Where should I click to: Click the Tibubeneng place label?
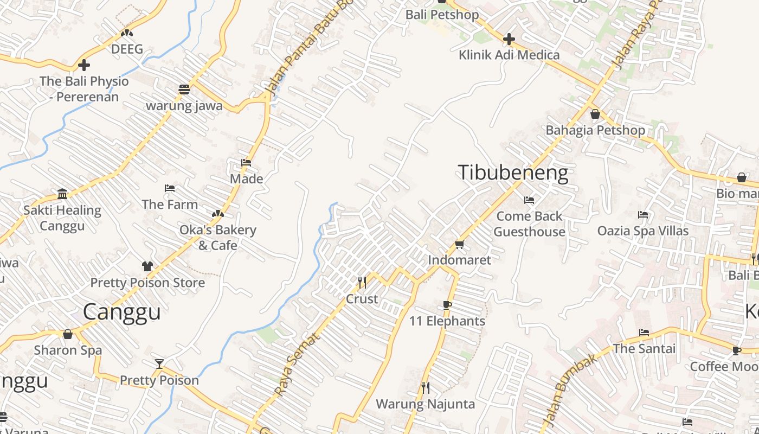point(513,173)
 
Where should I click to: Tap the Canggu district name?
point(122,312)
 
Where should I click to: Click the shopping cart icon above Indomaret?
point(459,245)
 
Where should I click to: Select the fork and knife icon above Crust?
point(362,282)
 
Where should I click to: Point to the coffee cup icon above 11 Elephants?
point(447,305)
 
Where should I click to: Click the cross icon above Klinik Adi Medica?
point(509,39)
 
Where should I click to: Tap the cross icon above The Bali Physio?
point(84,65)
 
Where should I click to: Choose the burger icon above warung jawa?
point(184,90)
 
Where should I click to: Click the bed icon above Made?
point(246,163)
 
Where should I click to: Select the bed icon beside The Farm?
point(170,189)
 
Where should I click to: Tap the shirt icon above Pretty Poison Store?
point(147,266)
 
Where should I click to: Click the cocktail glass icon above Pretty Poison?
point(159,364)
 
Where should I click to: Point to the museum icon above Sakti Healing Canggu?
point(62,194)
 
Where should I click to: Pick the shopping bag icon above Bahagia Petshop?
point(595,114)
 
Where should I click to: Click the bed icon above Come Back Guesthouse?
point(529,200)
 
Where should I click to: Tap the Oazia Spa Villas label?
point(642,231)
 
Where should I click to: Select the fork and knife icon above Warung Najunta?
point(426,388)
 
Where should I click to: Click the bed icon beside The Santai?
point(644,333)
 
